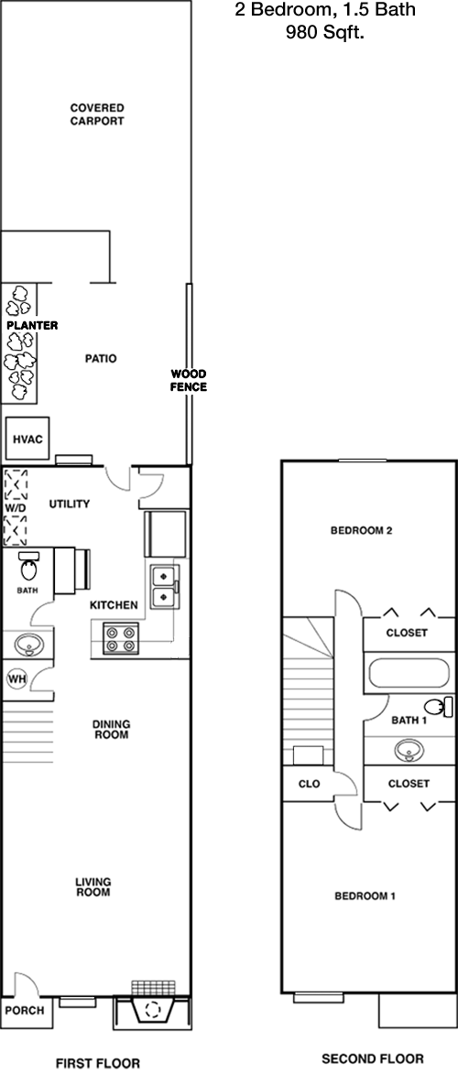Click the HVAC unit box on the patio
(28, 439)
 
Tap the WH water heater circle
(16, 678)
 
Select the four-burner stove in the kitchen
(121, 639)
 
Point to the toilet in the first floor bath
(29, 566)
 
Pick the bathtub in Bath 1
(409, 673)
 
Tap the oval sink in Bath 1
(409, 752)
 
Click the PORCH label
(27, 1010)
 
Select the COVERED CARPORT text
(97, 114)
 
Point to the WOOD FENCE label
(189, 380)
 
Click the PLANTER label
(32, 325)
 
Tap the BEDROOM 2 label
(361, 530)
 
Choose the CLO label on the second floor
(310, 785)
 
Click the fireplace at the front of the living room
(153, 1007)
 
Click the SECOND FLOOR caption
(372, 1058)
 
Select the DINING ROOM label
(111, 730)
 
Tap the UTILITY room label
(70, 504)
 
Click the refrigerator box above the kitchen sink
(165, 535)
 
